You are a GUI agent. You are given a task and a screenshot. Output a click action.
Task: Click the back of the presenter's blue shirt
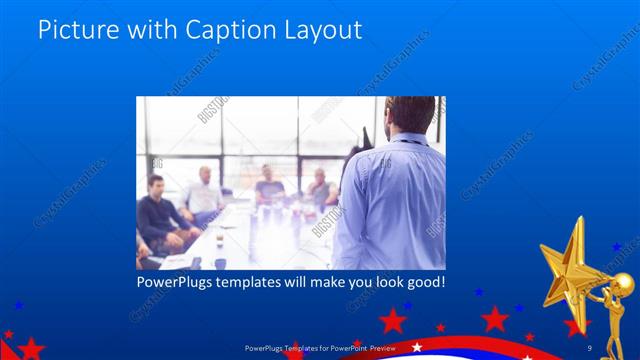pos(395,200)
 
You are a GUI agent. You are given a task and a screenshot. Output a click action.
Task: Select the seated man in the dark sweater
pos(158,215)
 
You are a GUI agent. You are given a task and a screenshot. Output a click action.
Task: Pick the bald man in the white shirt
pos(204,193)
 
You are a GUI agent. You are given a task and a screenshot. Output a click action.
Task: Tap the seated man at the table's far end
pos(269,184)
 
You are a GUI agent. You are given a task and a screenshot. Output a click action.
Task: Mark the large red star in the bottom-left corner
pos(30,349)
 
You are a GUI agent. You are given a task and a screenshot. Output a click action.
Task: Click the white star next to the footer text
pos(417,347)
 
